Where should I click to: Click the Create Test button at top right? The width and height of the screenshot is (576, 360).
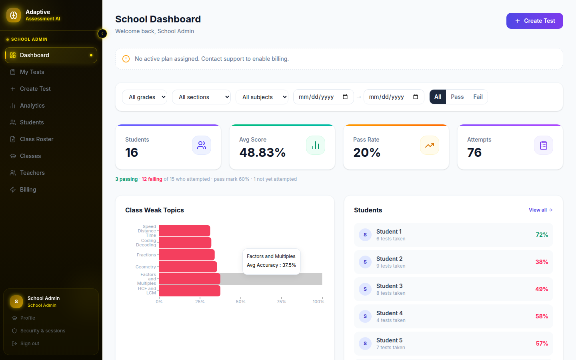[x=534, y=21]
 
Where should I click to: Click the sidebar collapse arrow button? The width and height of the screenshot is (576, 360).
[x=102, y=34]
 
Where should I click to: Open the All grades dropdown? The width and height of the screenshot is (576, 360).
[x=144, y=97]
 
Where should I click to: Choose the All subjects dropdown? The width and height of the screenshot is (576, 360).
[x=262, y=97]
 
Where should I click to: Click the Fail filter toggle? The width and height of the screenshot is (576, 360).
[x=478, y=97]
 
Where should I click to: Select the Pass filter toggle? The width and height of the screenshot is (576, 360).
[x=457, y=97]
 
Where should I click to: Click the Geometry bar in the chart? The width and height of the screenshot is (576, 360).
[x=188, y=267]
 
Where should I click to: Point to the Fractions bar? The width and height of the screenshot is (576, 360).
[x=187, y=255]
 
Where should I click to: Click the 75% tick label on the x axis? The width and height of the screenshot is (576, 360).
[x=281, y=302]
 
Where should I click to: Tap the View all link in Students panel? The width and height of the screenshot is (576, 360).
[x=540, y=210]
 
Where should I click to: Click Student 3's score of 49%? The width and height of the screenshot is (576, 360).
[x=542, y=289]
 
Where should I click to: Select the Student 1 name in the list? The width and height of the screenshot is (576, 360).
[x=389, y=232]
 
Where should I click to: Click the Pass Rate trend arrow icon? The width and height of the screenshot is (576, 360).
[x=430, y=145]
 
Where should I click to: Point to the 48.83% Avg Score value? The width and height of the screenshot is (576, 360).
[x=262, y=152]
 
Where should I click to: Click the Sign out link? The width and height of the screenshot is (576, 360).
[x=30, y=344]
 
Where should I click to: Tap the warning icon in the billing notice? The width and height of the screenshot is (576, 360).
[x=126, y=59]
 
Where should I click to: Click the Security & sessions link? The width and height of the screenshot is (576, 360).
[x=43, y=331]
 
